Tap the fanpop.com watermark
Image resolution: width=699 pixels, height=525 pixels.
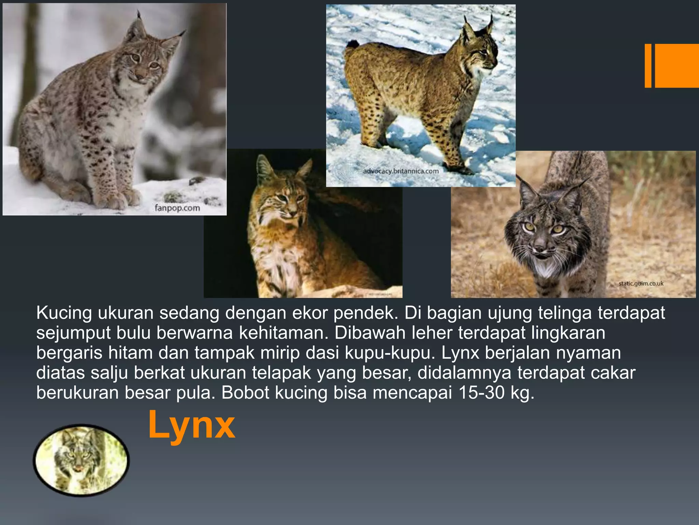177,208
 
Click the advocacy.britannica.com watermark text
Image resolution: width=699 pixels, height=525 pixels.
401,171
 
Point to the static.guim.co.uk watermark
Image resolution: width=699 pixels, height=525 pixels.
641,283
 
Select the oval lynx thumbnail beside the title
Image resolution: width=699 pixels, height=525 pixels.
81,460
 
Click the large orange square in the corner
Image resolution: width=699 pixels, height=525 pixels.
676,66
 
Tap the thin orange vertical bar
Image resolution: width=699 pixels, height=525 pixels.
648,66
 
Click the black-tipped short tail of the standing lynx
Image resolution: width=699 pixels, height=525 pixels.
353,44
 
